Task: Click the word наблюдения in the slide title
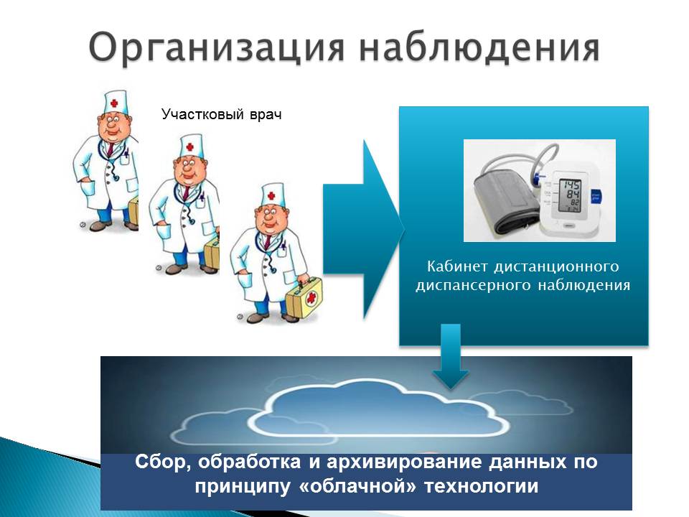[479, 46]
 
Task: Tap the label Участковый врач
[222, 114]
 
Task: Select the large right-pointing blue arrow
[364, 229]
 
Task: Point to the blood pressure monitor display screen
[569, 195]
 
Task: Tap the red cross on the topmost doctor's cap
[114, 103]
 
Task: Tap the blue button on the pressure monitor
[596, 196]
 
